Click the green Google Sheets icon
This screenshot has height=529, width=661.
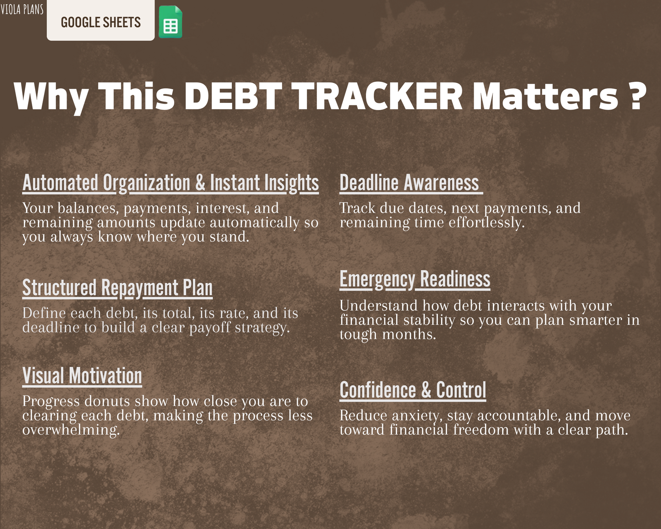(x=171, y=22)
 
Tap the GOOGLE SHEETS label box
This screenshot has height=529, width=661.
(x=101, y=20)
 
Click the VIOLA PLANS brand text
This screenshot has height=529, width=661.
(x=22, y=9)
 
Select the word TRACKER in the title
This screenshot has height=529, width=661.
(x=377, y=96)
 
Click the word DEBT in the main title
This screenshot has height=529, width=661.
(x=233, y=96)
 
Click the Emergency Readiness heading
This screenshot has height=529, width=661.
(x=415, y=279)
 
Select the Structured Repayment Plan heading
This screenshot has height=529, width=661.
(x=117, y=288)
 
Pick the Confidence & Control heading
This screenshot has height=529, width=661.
(x=413, y=390)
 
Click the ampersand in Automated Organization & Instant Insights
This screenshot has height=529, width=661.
(x=200, y=182)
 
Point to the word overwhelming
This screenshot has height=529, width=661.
(x=71, y=430)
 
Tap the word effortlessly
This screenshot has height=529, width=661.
(x=487, y=222)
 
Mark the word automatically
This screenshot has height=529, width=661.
(x=254, y=222)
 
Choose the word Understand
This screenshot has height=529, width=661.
(x=378, y=306)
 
